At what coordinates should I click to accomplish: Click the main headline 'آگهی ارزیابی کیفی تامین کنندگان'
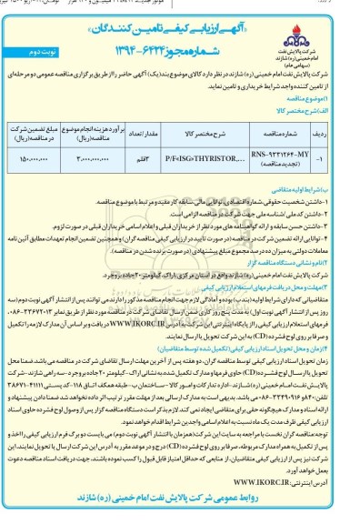180,17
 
